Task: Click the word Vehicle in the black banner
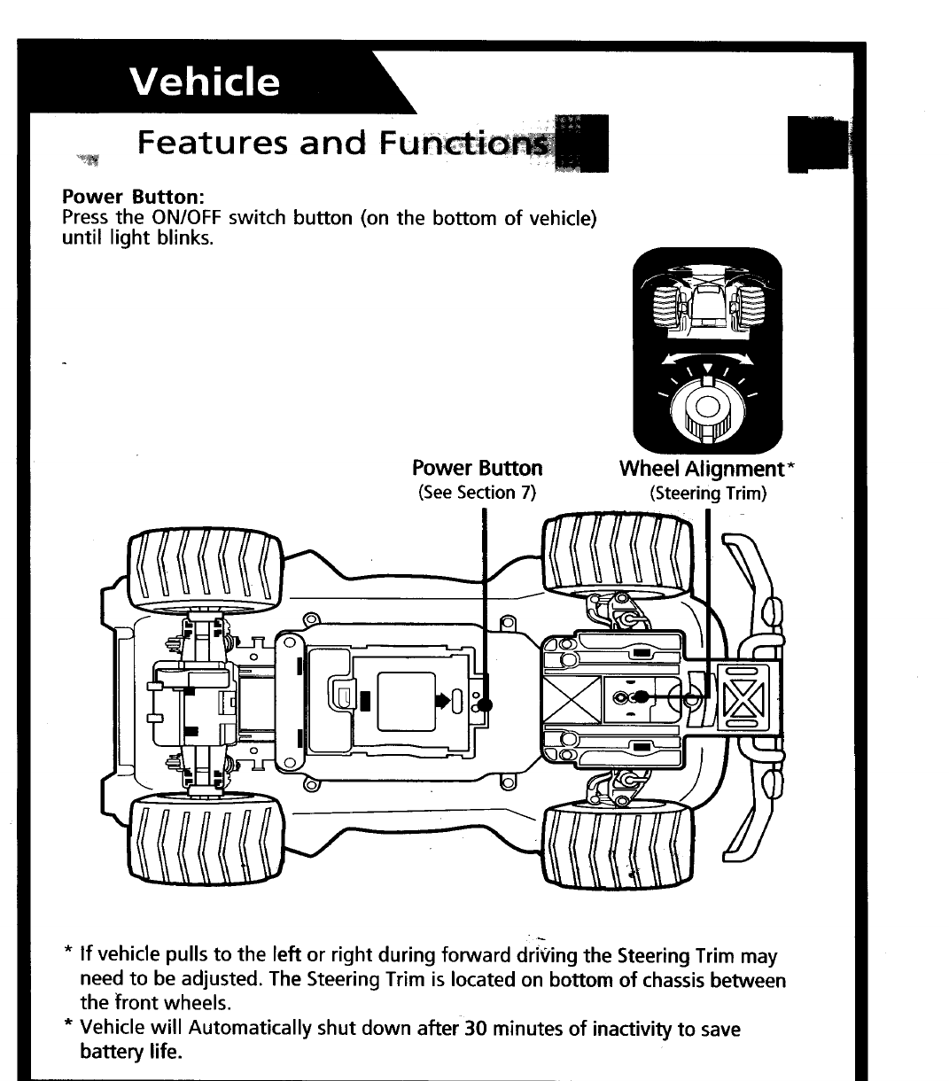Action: [205, 82]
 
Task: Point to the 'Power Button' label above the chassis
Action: [478, 468]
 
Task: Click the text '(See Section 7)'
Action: [478, 493]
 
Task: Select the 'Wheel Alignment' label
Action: [702, 468]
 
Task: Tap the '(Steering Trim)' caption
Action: [707, 493]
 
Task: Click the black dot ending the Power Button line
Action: [485, 705]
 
